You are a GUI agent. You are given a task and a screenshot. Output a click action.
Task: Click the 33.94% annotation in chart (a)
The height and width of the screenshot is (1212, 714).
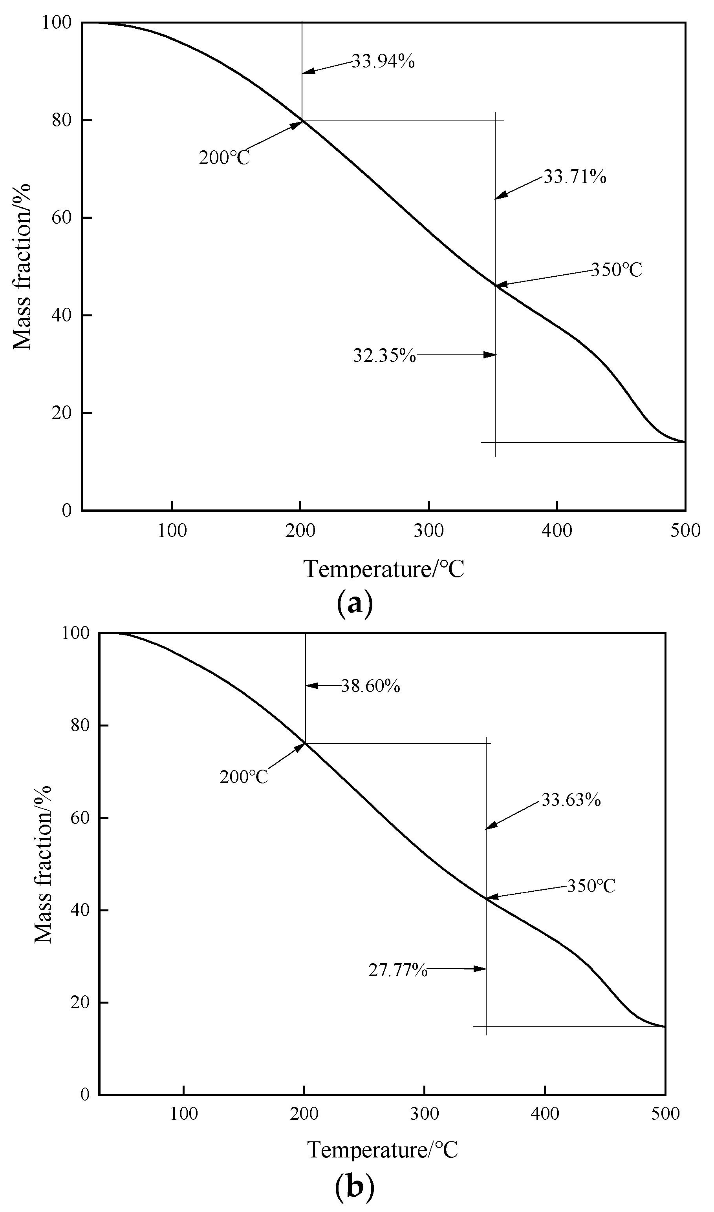click(x=383, y=62)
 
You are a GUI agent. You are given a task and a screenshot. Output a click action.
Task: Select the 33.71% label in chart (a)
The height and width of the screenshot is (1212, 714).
click(x=575, y=177)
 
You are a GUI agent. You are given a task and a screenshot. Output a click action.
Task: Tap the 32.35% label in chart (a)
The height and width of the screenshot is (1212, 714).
click(x=384, y=356)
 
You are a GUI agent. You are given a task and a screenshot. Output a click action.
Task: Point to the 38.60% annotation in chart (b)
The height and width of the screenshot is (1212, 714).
click(x=370, y=686)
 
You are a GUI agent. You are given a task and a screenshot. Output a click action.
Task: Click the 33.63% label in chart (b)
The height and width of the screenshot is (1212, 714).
click(x=571, y=800)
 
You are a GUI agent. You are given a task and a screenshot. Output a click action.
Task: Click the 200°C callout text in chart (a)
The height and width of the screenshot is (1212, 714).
click(x=224, y=158)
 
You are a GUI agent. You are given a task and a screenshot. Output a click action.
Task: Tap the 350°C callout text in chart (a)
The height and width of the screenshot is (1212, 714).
click(x=616, y=270)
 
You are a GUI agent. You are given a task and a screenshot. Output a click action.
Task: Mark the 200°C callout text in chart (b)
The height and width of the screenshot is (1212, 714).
click(x=243, y=777)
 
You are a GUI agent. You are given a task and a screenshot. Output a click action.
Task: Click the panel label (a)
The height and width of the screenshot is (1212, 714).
click(x=355, y=603)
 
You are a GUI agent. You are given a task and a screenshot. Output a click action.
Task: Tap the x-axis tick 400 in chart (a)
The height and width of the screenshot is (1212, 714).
click(x=557, y=531)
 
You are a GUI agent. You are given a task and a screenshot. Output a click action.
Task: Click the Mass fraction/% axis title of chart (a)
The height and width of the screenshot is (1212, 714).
click(x=22, y=267)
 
